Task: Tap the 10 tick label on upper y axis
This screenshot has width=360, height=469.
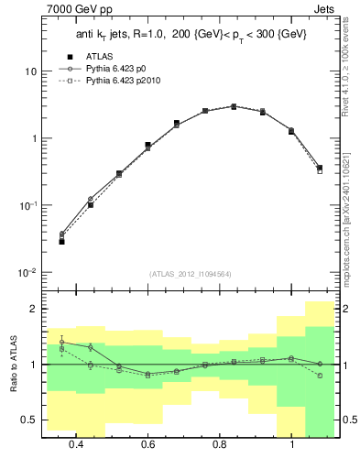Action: pos(31,71)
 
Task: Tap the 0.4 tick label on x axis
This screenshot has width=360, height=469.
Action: pos(76,446)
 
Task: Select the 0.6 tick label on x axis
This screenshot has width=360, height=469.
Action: pos(147,446)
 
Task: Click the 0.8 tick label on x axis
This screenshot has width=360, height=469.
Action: pos(220,446)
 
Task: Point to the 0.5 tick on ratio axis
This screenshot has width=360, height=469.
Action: pos(28,420)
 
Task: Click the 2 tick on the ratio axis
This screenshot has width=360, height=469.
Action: pos(33,310)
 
